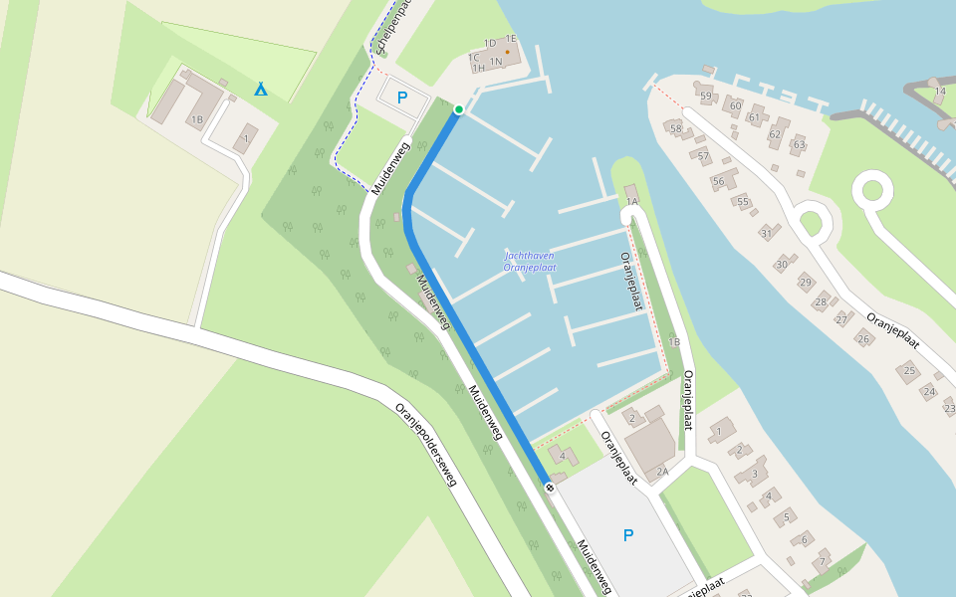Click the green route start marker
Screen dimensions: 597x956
459,109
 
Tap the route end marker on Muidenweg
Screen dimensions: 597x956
549,487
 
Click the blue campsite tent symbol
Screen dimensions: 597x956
261,89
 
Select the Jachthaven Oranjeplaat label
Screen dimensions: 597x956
530,262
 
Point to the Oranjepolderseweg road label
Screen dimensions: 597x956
426,444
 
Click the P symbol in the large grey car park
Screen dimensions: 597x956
627,535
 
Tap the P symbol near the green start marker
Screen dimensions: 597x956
402,98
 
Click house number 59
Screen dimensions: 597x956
706,97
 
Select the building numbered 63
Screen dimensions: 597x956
799,144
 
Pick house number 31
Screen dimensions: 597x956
766,233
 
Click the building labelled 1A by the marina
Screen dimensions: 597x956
631,201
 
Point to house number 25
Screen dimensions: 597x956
908,371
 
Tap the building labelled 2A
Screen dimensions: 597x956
661,471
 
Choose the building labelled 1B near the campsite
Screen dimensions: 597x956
197,120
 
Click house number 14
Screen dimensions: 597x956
940,92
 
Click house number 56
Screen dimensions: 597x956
718,181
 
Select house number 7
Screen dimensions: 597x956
822,562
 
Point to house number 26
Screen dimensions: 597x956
863,338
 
